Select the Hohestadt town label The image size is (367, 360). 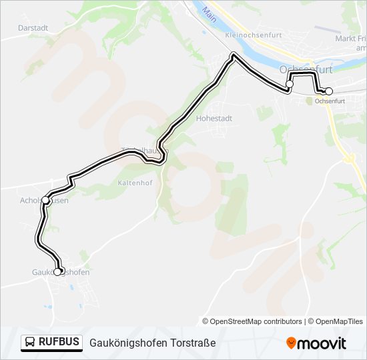tap(214, 118)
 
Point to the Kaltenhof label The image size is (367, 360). tap(135, 182)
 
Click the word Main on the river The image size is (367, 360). tap(211, 13)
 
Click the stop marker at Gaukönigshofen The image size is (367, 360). tap(58, 271)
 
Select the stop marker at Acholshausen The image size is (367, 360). tap(45, 199)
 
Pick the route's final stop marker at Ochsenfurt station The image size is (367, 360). tap(328, 91)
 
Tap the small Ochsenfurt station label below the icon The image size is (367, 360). tap(330, 101)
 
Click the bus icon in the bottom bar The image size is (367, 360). tap(31, 343)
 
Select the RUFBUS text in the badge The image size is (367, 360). tap(59, 343)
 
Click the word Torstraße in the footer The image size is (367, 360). tap(192, 343)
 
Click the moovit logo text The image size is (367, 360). tap(322, 343)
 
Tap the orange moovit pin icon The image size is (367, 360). tap(291, 343)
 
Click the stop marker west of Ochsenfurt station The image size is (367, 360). tap(290, 84)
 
